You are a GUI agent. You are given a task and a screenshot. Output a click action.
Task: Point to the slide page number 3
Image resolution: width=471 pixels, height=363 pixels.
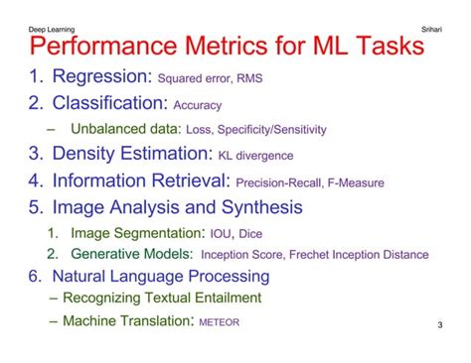439,324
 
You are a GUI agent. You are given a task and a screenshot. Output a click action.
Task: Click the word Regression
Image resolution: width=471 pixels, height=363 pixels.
100,77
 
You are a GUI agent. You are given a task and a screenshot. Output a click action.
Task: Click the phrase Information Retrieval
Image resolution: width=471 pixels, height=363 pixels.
140,181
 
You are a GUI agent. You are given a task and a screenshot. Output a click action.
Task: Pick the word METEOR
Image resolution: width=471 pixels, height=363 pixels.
219,321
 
